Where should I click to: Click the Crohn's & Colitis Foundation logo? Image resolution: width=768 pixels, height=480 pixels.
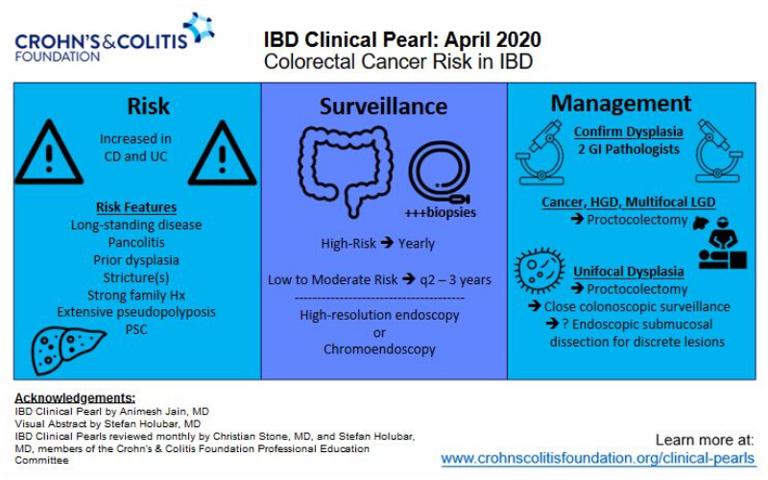113,37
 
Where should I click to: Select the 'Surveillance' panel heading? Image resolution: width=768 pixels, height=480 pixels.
384,106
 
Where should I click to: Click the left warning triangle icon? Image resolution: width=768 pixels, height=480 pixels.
48,154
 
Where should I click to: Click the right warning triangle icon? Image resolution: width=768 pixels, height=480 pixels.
222,154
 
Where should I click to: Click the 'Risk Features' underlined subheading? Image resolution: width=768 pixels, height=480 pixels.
135,207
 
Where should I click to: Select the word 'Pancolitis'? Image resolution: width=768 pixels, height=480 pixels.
136,243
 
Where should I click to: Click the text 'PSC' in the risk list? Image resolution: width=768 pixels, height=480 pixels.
136,329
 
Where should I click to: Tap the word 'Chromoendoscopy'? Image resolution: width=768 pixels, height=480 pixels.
381,349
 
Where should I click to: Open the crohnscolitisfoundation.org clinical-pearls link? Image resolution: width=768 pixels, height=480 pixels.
598,459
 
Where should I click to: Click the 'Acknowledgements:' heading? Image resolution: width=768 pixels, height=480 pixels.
74,397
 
